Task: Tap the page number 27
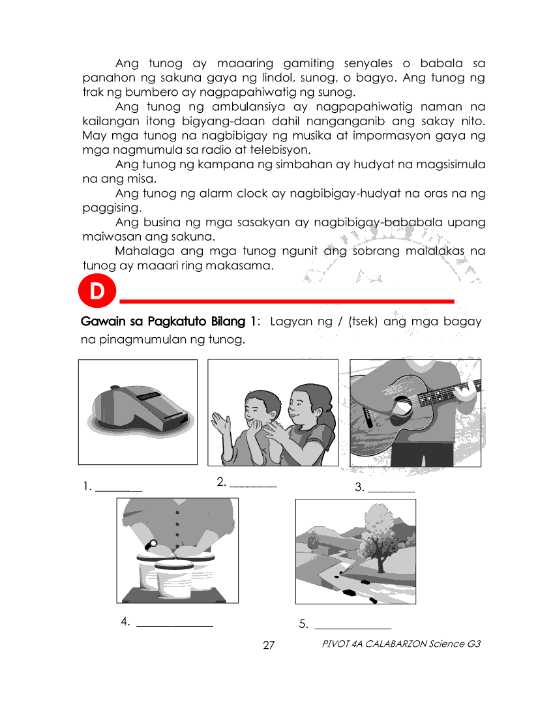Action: [x=269, y=646]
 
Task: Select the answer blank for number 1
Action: [x=119, y=487]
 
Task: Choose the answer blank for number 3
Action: [x=391, y=487]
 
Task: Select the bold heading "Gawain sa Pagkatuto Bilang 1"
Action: [x=169, y=321]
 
